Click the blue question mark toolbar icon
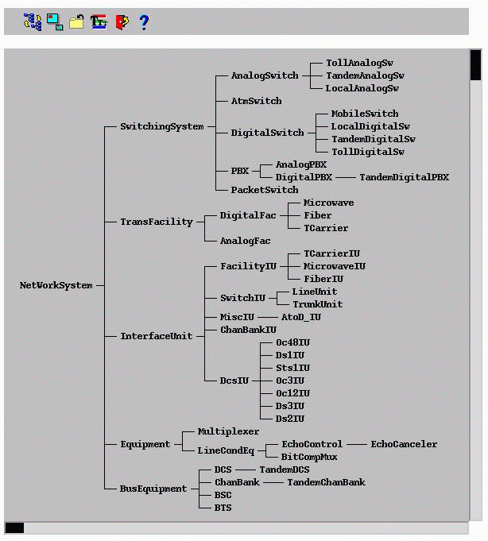coord(144,22)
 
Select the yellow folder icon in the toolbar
coord(76,22)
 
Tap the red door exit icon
coord(122,22)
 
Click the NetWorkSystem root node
coord(56,285)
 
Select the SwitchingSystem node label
coord(162,126)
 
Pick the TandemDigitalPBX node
coord(404,177)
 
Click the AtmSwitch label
coord(256,101)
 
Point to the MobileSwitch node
coord(365,114)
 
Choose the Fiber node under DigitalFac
coord(317,215)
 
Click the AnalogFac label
coord(246,241)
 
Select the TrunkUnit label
coord(317,304)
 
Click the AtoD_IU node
coord(301,317)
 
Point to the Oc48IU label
coord(292,342)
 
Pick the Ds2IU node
coord(290,419)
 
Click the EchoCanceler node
coord(404,444)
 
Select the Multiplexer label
coord(228,431)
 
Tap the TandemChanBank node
coord(326,482)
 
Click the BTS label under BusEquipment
coord(223,508)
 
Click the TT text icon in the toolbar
coord(99,22)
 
